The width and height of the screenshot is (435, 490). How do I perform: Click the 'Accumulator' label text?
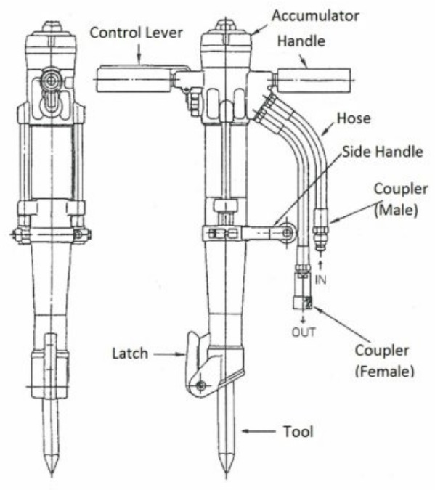click(x=315, y=16)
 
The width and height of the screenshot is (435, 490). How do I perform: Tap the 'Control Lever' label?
click(x=136, y=33)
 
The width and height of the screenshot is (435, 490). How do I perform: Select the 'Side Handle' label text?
click(x=383, y=152)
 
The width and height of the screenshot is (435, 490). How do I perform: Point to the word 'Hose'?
click(x=354, y=118)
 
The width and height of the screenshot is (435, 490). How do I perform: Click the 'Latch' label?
click(x=130, y=354)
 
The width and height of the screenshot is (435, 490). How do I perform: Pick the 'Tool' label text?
click(x=298, y=431)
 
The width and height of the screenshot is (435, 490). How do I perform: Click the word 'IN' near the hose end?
click(x=320, y=280)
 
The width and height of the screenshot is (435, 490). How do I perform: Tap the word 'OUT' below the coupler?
click(x=304, y=332)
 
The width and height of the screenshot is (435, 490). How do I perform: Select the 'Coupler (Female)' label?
click(x=384, y=361)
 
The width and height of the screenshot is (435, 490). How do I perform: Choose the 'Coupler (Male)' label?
click(x=401, y=200)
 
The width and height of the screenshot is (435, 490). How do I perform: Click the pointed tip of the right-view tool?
click(x=225, y=478)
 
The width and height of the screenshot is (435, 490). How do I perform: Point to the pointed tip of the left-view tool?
click(x=52, y=476)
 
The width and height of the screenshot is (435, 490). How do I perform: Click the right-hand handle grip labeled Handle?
click(x=314, y=81)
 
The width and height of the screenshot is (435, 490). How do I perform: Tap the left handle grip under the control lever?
click(x=134, y=80)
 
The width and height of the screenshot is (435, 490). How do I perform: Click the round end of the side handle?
click(x=287, y=232)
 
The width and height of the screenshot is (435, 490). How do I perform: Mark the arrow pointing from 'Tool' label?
click(x=259, y=431)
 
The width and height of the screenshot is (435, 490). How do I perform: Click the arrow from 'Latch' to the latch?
click(x=170, y=354)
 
